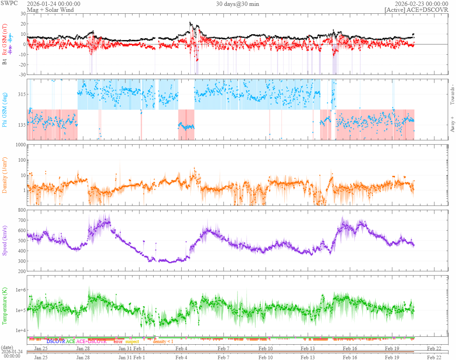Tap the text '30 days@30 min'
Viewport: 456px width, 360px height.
point(237,4)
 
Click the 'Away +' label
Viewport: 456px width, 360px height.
point(452,124)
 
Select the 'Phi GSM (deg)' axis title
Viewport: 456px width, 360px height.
point(5,109)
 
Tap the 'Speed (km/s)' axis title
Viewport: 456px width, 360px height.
point(5,240)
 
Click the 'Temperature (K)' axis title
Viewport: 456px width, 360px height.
point(5,306)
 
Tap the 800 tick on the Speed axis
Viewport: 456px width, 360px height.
point(21,210)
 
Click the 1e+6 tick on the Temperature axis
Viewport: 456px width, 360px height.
point(19,290)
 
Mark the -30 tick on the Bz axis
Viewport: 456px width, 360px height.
point(21,75)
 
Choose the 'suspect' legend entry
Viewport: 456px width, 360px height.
point(132,342)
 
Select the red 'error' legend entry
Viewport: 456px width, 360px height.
point(118,342)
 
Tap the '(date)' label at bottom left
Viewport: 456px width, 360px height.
point(7,347)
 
